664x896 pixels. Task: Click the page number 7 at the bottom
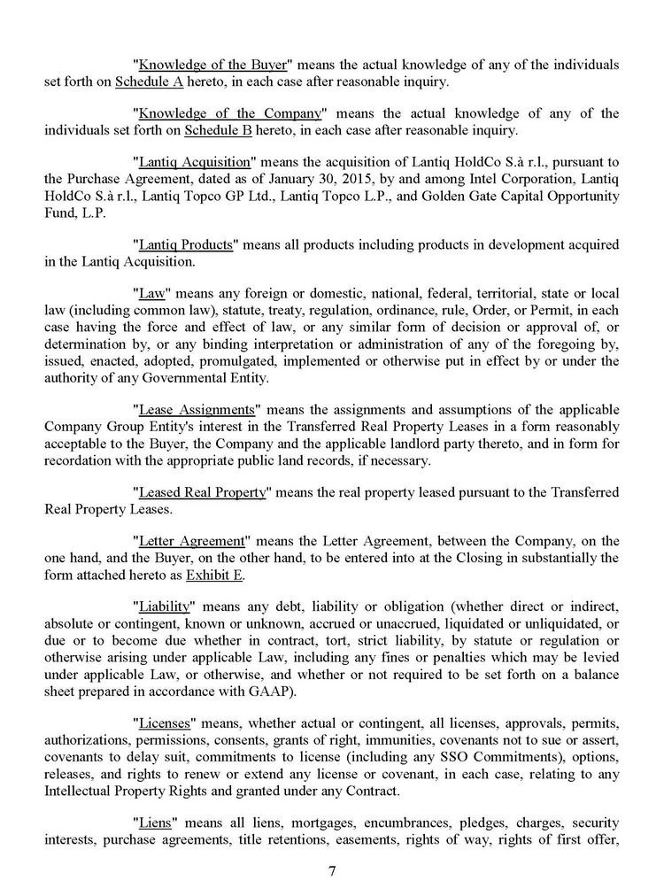[332, 870]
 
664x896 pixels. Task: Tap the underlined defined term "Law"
[153, 292]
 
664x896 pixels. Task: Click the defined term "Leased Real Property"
[203, 492]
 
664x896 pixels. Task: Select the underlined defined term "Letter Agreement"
[189, 540]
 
